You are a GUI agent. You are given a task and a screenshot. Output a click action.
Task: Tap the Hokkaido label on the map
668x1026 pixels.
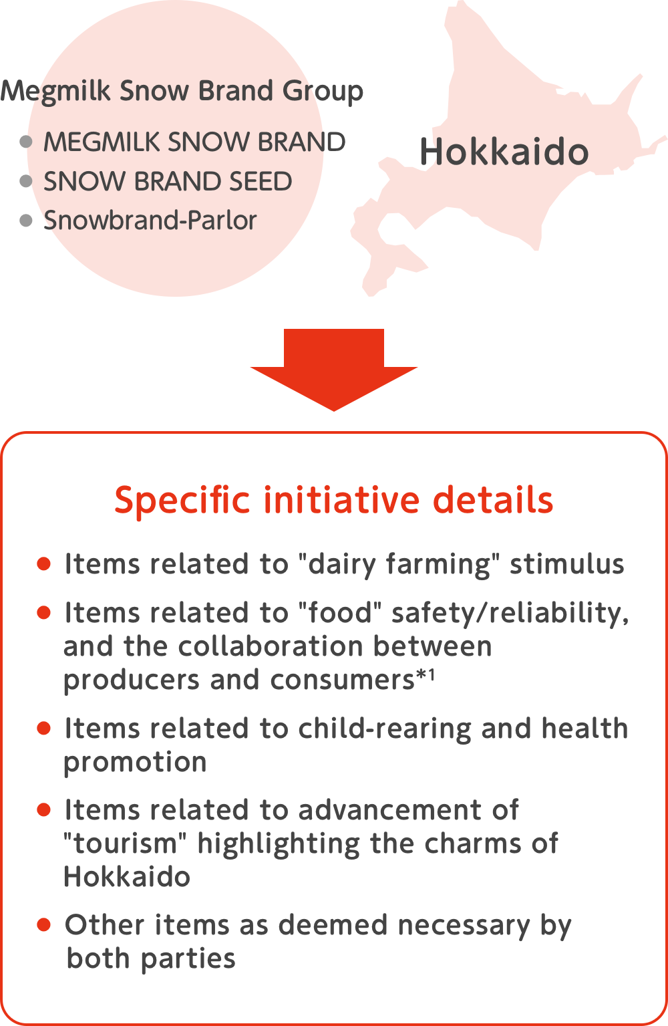pyautogui.click(x=504, y=152)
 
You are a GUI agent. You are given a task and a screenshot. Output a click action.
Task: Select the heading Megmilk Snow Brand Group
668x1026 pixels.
pyautogui.click(x=182, y=91)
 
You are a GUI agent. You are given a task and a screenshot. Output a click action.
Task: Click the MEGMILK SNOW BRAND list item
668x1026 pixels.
pyautogui.click(x=194, y=142)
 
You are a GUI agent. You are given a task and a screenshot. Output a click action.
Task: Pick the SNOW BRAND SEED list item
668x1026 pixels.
pyautogui.click(x=168, y=182)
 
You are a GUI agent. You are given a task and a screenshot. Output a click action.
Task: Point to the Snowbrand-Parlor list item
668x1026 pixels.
pyautogui.click(x=150, y=221)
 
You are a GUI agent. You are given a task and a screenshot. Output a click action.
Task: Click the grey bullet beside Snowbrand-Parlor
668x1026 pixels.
pyautogui.click(x=26, y=221)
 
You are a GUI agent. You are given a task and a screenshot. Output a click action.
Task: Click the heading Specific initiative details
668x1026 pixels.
pyautogui.click(x=333, y=500)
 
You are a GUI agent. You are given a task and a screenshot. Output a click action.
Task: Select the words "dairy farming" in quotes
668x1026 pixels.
pyautogui.click(x=399, y=565)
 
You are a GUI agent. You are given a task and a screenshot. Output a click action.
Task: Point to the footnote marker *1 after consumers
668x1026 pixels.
pyautogui.click(x=425, y=677)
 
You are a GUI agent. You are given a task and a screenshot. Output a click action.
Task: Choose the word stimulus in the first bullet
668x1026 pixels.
pyautogui.click(x=566, y=564)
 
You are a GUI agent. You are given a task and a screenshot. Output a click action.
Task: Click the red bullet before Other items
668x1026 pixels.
pyautogui.click(x=44, y=925)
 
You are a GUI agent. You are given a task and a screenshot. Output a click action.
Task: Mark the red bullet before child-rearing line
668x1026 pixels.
pyautogui.click(x=44, y=728)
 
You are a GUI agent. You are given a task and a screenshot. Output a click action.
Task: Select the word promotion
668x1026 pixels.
pyautogui.click(x=136, y=763)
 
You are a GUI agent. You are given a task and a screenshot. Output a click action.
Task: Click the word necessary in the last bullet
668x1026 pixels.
pyautogui.click(x=460, y=926)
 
